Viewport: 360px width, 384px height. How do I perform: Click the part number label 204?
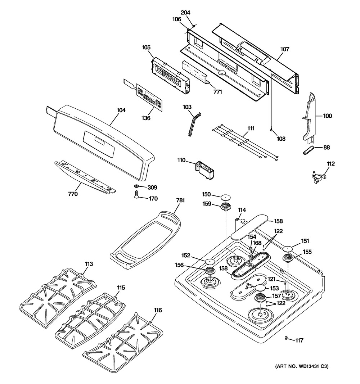[x=185, y=13]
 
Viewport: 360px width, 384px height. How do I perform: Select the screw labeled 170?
[x=136, y=194]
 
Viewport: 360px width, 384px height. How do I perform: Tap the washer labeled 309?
[x=136, y=186]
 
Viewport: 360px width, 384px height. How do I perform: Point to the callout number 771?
[x=217, y=92]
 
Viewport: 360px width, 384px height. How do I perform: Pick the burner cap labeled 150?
[x=226, y=197]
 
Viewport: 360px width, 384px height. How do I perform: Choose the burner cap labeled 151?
[x=288, y=249]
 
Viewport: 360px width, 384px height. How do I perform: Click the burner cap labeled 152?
[x=210, y=261]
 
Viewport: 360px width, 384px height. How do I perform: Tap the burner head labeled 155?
[x=288, y=258]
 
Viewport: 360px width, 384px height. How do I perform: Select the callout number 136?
[x=146, y=118]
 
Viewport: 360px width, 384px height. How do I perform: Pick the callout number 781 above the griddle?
[x=180, y=200]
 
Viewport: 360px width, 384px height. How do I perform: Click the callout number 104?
[x=121, y=110]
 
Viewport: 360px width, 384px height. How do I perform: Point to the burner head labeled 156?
[x=210, y=271]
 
